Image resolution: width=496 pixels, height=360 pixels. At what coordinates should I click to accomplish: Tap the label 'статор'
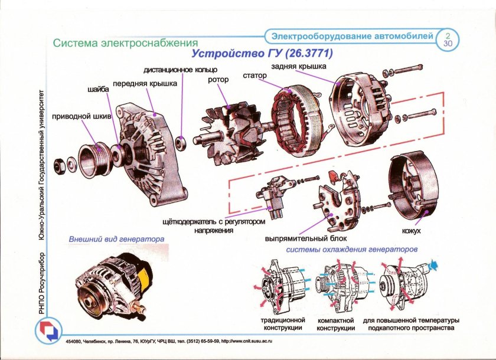(255, 76)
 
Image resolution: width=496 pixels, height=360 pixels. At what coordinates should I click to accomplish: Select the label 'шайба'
(99, 90)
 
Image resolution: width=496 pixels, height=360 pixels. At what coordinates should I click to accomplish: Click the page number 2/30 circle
(448, 40)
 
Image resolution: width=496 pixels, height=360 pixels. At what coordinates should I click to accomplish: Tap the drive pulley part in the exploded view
(93, 158)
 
